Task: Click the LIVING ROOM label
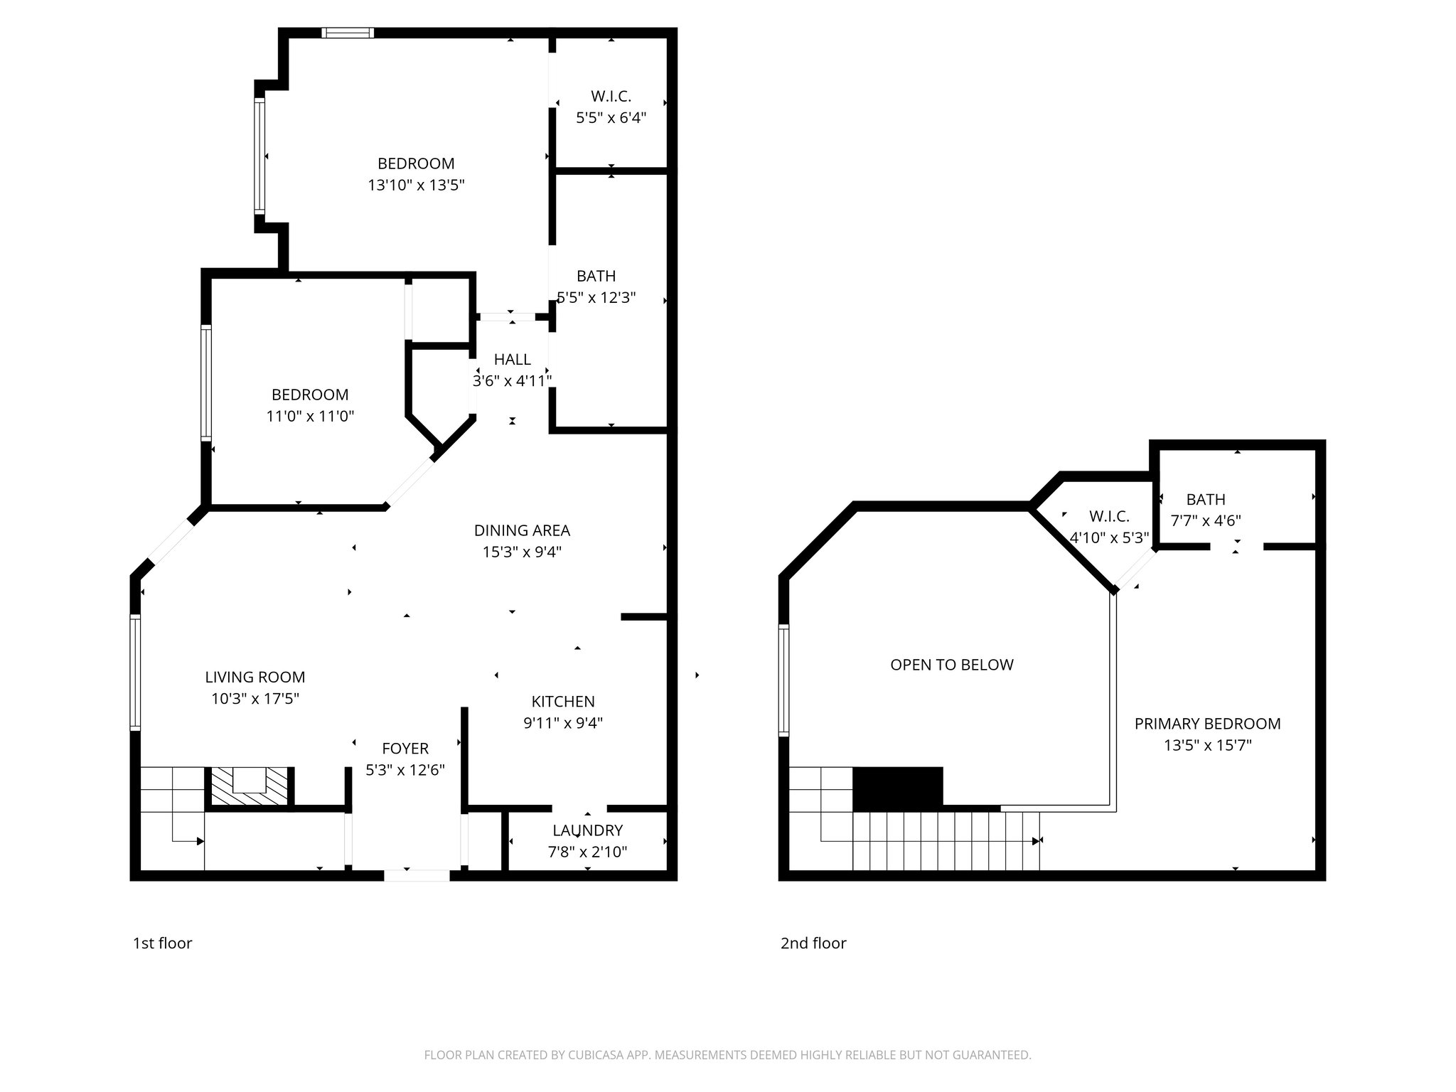point(255,678)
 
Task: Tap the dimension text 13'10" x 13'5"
point(416,186)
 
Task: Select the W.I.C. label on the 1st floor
point(611,96)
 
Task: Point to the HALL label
point(512,360)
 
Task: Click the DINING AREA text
point(522,530)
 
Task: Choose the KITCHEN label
point(563,702)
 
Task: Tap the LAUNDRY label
point(587,830)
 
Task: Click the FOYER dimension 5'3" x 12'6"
point(405,770)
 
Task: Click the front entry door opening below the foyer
point(417,875)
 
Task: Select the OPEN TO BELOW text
point(952,665)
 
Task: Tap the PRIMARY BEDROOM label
point(1207,724)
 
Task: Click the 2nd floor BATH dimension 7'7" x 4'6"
point(1206,520)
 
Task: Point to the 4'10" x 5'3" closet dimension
point(1109,538)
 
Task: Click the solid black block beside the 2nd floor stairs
point(897,788)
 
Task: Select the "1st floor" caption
point(162,943)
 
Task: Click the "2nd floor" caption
point(813,943)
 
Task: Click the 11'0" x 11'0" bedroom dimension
point(310,417)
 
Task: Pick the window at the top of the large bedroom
point(347,32)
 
